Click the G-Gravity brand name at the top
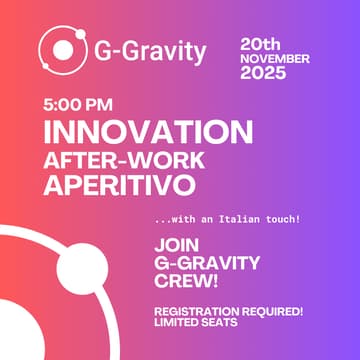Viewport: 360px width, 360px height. [x=149, y=50]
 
